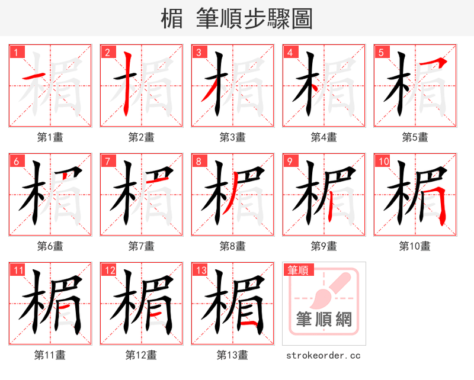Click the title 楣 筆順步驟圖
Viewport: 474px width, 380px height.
tap(237, 19)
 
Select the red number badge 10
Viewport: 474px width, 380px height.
tap(383, 161)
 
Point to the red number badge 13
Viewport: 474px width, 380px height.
tap(200, 270)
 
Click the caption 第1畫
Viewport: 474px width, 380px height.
tap(50, 137)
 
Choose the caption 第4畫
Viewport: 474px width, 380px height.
tap(324, 137)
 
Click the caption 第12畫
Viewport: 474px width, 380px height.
tap(141, 355)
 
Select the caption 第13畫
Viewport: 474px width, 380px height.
tap(232, 355)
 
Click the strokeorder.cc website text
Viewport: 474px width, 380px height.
tap(324, 355)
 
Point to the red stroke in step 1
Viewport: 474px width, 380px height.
tap(35, 77)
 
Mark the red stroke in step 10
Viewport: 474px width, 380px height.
tap(441, 204)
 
